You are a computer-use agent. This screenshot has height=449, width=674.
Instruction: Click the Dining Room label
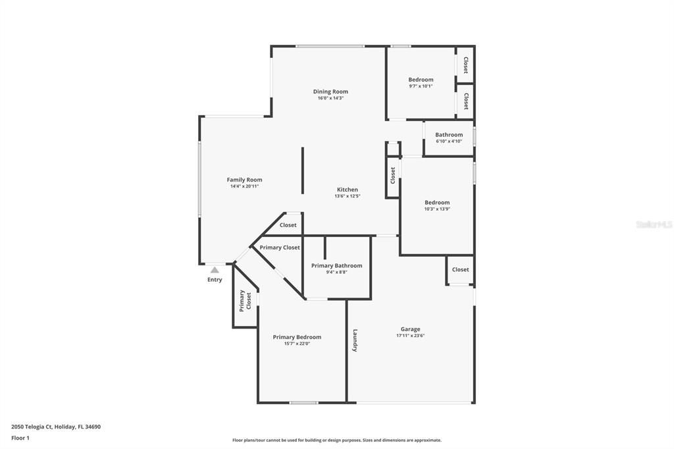[330, 92]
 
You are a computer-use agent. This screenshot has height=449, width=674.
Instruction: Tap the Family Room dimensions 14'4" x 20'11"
[244, 186]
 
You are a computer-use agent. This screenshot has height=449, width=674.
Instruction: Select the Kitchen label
[348, 190]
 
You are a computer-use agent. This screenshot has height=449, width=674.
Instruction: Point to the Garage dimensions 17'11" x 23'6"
[410, 336]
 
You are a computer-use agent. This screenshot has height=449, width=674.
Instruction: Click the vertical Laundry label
[355, 340]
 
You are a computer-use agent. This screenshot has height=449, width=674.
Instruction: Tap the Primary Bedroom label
[297, 337]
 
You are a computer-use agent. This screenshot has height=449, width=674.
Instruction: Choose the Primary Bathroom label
[336, 266]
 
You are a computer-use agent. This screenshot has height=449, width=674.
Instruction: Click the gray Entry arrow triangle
[215, 269]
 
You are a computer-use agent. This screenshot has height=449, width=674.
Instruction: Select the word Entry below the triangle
[215, 280]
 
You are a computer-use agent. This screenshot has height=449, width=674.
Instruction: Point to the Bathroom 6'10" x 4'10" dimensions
[449, 141]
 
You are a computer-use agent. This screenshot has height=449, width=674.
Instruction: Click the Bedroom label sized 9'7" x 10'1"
[421, 80]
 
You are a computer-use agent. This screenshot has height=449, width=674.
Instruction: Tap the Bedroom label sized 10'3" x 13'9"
[437, 203]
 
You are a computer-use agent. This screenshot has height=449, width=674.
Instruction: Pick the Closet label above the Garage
[461, 269]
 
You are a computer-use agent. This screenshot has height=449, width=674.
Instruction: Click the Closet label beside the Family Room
[288, 225]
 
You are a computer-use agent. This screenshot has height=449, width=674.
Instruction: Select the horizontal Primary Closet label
[279, 248]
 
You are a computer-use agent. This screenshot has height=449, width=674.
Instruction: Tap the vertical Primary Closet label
[245, 300]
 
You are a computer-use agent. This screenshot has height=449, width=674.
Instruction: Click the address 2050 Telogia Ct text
[56, 427]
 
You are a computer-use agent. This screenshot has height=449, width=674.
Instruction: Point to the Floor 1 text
[20, 438]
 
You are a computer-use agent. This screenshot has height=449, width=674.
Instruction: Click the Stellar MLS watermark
[654, 224]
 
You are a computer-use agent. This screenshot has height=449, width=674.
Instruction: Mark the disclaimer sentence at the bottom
[336, 440]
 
